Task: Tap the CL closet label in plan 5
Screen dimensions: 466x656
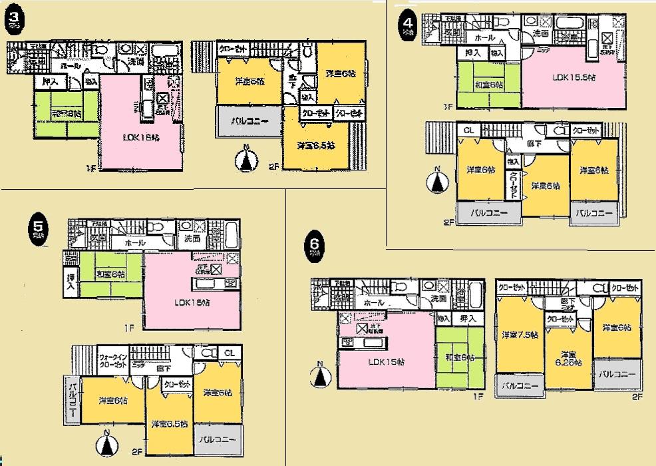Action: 228,352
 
